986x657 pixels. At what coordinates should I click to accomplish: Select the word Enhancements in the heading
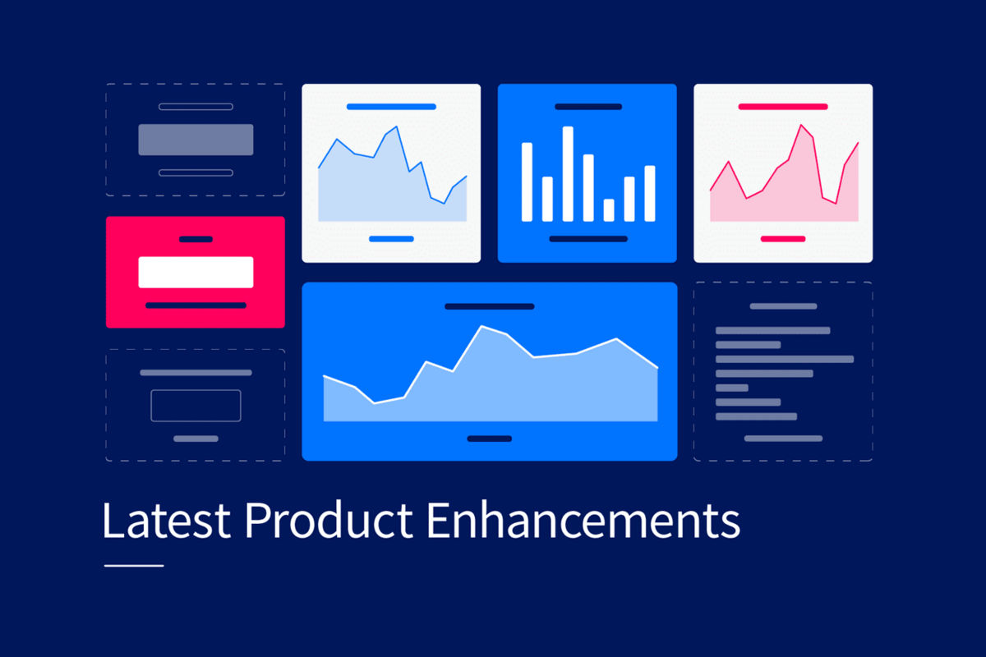[x=584, y=520]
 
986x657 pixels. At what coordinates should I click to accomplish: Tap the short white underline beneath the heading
[x=134, y=565]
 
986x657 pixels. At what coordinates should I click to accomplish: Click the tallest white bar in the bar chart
[x=568, y=174]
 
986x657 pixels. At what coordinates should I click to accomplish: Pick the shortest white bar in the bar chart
[x=609, y=210]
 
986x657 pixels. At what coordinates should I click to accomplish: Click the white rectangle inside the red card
[x=196, y=272]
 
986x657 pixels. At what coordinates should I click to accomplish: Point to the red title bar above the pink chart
[x=782, y=107]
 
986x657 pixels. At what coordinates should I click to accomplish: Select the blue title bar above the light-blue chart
[x=391, y=107]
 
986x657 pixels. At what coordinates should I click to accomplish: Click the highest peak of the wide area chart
[x=482, y=327]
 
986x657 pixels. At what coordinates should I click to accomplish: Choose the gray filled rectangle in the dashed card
[x=196, y=140]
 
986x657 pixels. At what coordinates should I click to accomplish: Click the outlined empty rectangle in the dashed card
[x=196, y=406]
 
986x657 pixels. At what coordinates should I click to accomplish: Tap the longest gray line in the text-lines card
[x=785, y=359]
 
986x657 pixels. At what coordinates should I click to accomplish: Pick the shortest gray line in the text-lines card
[x=732, y=388]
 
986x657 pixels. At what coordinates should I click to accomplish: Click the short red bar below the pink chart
[x=782, y=239]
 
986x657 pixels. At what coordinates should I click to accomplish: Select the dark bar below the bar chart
[x=587, y=239]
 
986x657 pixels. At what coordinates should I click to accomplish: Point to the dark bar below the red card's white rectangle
[x=196, y=305]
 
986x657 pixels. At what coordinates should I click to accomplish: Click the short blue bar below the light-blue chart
[x=391, y=239]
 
